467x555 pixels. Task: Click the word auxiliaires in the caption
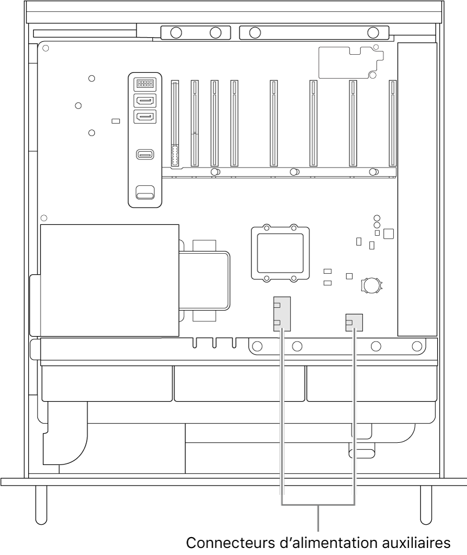point(419,543)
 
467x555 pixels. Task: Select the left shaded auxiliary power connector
point(282,314)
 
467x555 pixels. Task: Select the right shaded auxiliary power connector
point(354,322)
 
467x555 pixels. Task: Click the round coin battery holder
point(372,285)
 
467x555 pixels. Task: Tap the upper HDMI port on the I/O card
point(145,100)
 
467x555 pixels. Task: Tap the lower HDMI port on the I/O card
point(145,117)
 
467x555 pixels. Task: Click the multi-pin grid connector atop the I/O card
point(145,84)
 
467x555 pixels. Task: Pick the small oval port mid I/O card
point(145,154)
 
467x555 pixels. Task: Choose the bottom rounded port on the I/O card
point(145,192)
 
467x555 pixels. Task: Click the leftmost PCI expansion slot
point(175,123)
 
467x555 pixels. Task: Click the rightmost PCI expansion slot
point(392,123)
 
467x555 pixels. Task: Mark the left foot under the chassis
point(41,505)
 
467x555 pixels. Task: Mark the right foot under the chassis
point(426,505)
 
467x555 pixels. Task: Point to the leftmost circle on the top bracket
point(176,33)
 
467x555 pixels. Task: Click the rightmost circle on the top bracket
point(373,33)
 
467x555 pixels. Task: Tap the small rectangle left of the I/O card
point(116,121)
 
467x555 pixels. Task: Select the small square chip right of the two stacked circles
point(388,234)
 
